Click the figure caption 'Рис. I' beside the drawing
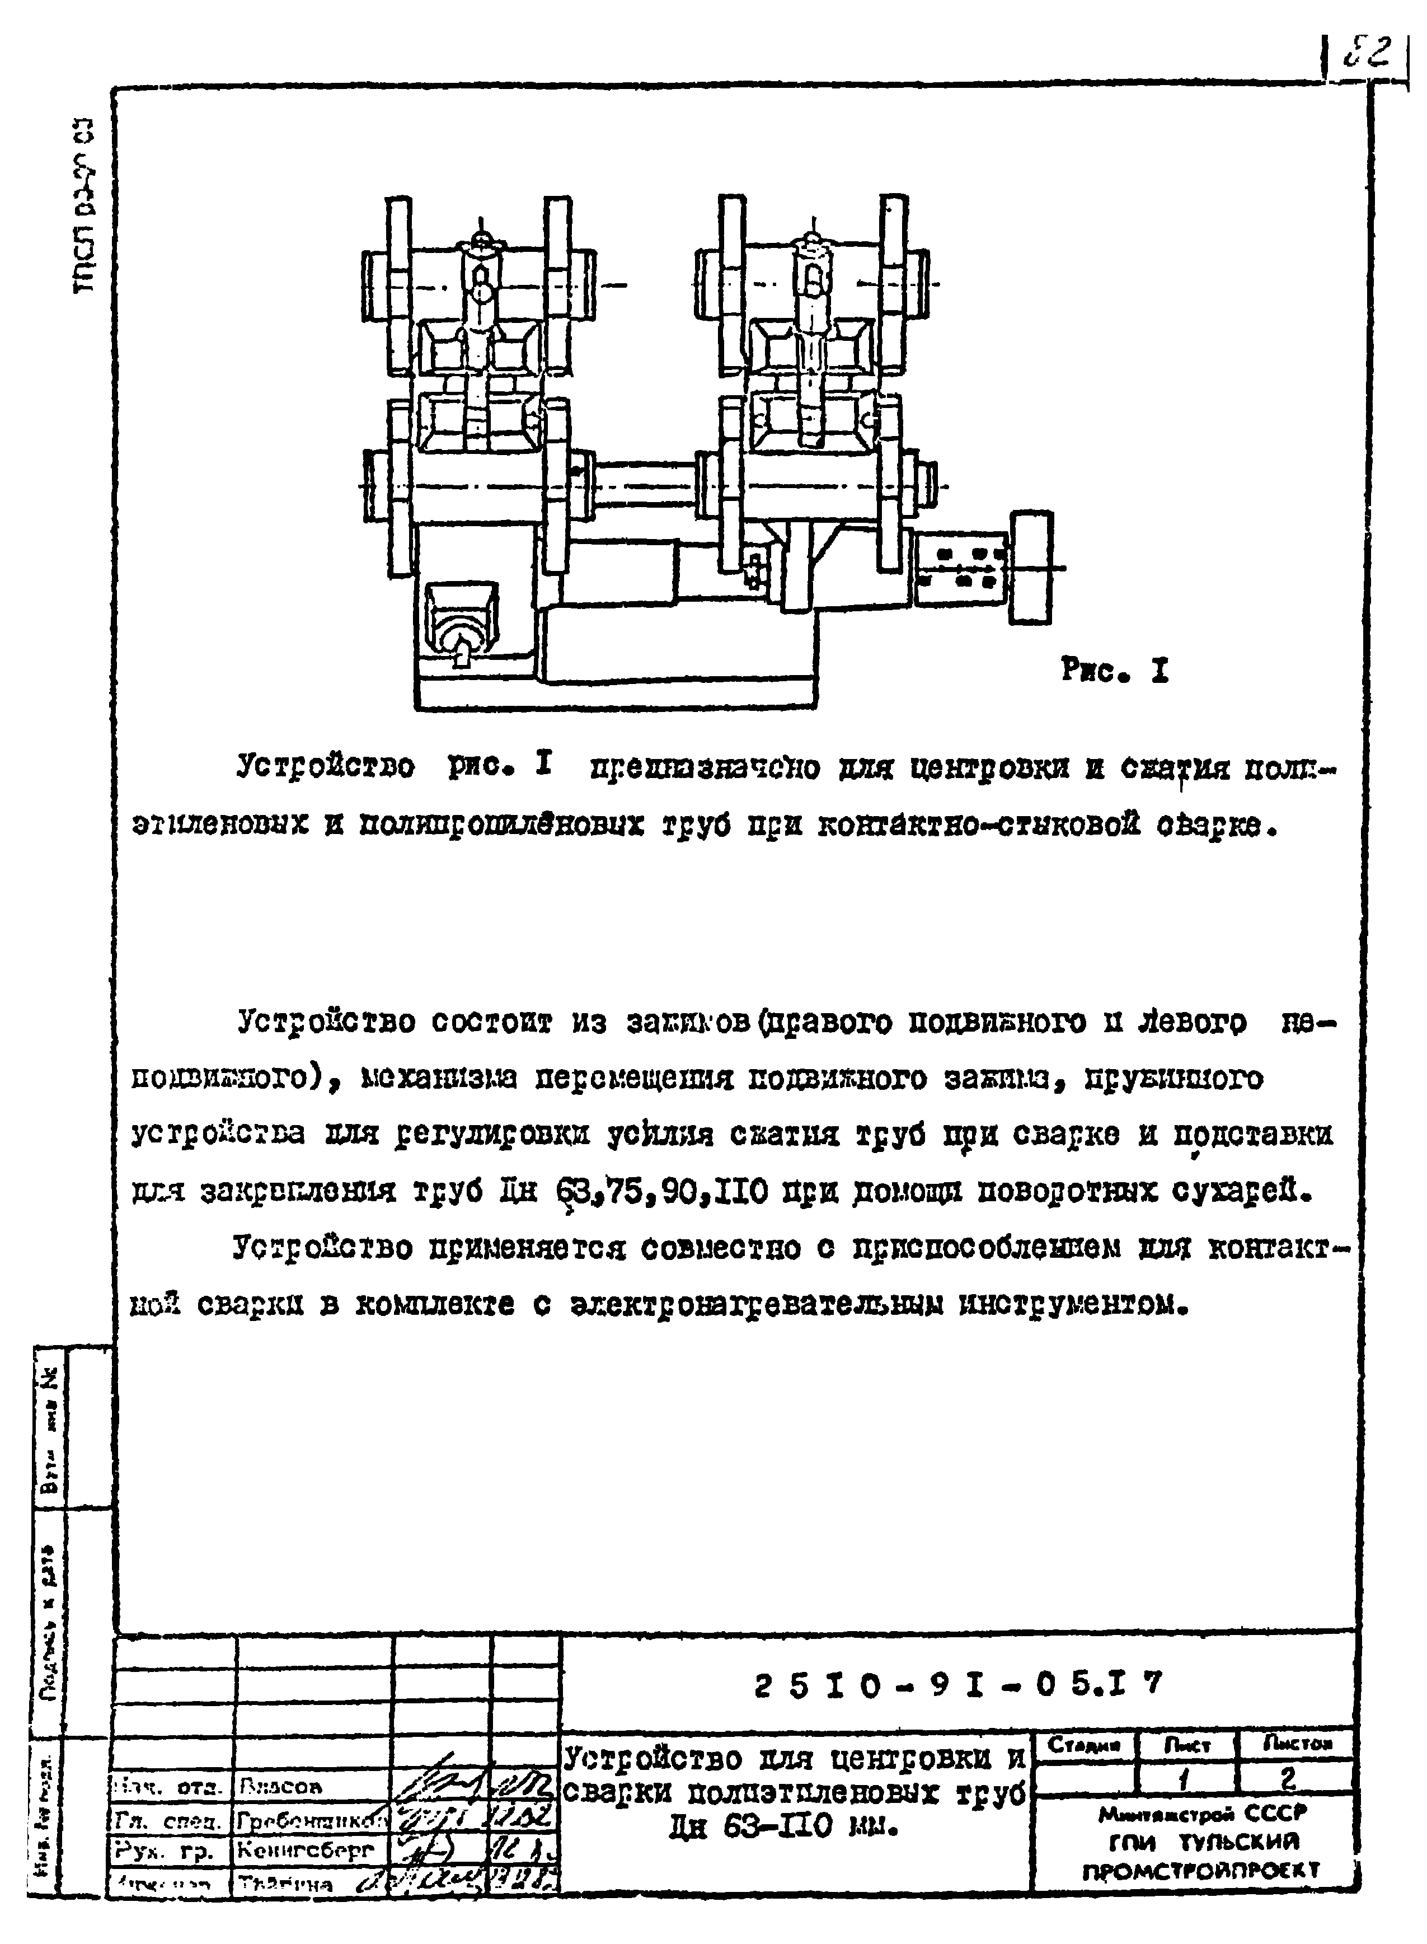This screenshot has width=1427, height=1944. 1114,671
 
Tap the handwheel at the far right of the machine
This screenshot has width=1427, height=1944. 1030,567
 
